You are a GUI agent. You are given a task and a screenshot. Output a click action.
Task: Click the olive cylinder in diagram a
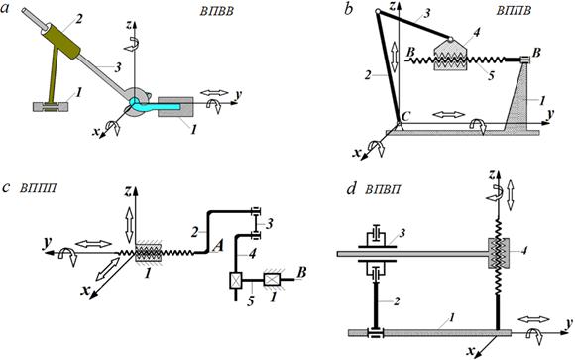(x=60, y=41)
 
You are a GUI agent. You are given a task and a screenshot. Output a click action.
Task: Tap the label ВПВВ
(x=216, y=11)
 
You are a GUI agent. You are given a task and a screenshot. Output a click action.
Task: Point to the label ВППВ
(x=514, y=10)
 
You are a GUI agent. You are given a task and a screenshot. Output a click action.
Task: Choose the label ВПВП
(x=383, y=189)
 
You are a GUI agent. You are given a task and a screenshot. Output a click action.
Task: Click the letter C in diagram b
(x=405, y=116)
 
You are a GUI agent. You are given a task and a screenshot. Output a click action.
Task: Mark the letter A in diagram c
(x=217, y=247)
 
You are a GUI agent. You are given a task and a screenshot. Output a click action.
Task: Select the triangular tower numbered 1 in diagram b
(x=518, y=96)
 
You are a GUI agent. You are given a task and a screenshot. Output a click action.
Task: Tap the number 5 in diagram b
(x=492, y=75)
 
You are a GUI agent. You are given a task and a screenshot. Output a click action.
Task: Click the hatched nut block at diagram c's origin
(x=148, y=253)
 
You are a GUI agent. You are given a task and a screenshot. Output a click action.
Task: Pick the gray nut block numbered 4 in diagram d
(x=499, y=253)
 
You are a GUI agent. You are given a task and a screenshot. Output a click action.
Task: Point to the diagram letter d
(x=352, y=189)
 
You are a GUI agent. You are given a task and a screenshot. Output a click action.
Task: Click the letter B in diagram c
(x=301, y=273)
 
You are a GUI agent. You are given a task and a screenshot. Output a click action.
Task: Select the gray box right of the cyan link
(x=175, y=107)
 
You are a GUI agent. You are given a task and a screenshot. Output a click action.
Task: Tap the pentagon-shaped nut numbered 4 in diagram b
(x=450, y=55)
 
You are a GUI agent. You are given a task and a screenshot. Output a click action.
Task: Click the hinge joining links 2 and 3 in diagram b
(x=378, y=12)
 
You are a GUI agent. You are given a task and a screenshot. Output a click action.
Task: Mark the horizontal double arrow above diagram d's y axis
(x=535, y=319)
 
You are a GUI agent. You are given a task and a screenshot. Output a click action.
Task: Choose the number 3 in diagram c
(x=271, y=223)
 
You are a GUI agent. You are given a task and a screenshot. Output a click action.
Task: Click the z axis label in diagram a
(x=127, y=25)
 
